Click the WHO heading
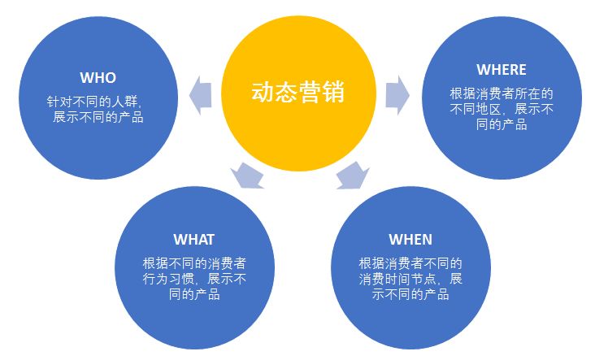coord(98,78)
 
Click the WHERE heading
coord(502,70)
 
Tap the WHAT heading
coord(193,239)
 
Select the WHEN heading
coord(410,239)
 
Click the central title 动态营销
coord(297,92)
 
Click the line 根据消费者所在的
coord(502,93)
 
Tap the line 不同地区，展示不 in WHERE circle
coord(502,109)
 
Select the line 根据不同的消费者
coord(195,263)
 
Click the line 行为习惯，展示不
coord(195,279)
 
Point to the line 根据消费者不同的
coord(410,263)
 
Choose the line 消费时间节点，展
coord(410,279)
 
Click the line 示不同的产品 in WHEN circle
coord(410,294)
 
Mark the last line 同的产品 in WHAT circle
coord(195,294)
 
